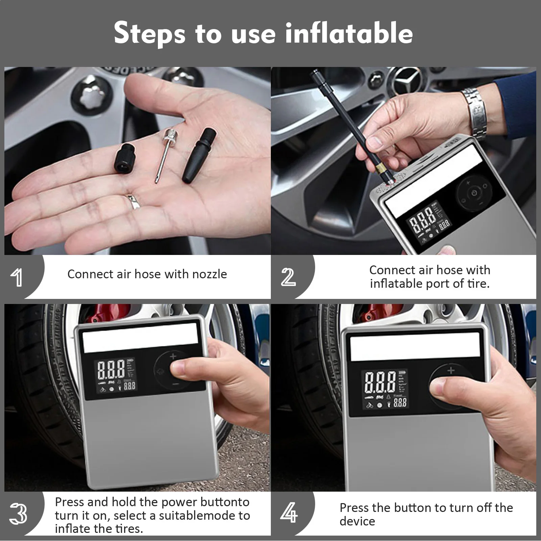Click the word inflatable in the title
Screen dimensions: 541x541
tap(349, 33)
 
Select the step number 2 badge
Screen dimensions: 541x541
tap(288, 277)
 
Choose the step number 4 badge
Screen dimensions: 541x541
tap(289, 513)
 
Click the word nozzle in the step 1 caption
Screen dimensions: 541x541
tap(210, 274)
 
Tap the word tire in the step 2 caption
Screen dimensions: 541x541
tap(477, 283)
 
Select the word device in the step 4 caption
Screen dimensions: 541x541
tap(357, 521)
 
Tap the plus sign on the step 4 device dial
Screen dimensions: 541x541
tap(451, 371)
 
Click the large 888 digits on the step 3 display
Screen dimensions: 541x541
tap(111, 370)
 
